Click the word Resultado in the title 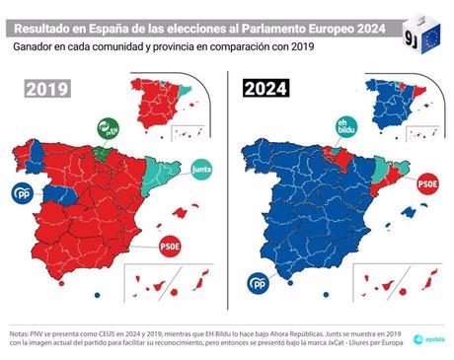pyautogui.click(x=40, y=17)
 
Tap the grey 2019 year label pyautogui.click(x=47, y=88)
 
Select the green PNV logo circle pyautogui.click(x=108, y=128)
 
